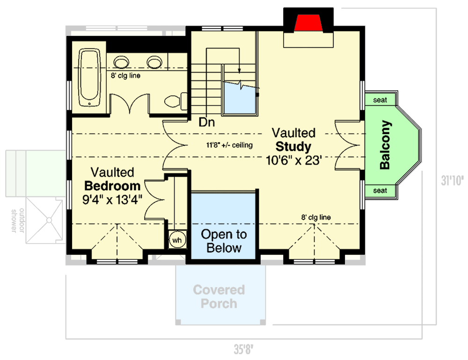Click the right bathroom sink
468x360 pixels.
tap(154, 62)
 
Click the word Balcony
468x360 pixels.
tap(385, 145)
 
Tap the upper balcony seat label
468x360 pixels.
tap(380, 100)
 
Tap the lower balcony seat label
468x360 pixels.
tap(380, 190)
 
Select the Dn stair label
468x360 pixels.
tap(206, 123)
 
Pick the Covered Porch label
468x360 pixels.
tap(219, 296)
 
